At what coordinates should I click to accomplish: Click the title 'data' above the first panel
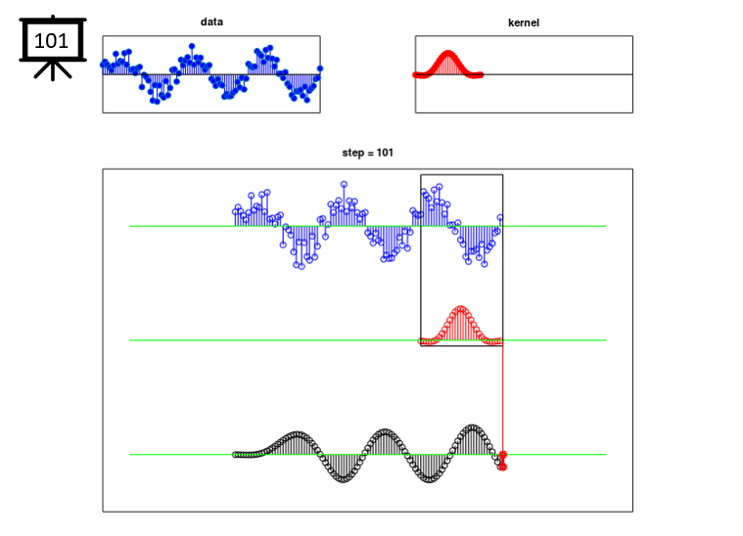(x=211, y=22)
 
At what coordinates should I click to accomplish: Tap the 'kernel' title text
(x=523, y=22)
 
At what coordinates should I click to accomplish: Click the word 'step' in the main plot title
(x=352, y=153)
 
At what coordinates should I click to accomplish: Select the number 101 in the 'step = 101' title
(x=385, y=153)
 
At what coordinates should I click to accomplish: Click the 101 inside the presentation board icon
(x=52, y=41)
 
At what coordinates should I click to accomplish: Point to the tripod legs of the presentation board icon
(x=53, y=70)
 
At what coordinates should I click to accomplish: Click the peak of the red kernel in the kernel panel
(x=447, y=53)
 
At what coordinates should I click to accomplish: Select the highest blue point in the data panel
(x=192, y=46)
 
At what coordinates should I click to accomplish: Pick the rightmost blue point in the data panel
(x=320, y=68)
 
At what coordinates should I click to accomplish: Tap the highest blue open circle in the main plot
(x=344, y=184)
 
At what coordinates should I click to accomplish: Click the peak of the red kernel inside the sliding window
(x=461, y=309)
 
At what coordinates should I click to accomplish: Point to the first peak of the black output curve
(x=298, y=434)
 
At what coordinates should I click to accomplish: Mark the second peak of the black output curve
(x=385, y=431)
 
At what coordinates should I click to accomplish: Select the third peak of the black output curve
(x=472, y=427)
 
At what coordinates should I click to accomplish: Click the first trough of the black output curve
(x=344, y=479)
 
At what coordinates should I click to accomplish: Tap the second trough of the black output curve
(x=430, y=479)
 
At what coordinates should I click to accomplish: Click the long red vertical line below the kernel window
(x=503, y=399)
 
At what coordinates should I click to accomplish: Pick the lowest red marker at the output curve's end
(x=503, y=468)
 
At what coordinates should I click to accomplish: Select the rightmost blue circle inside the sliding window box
(x=500, y=218)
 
